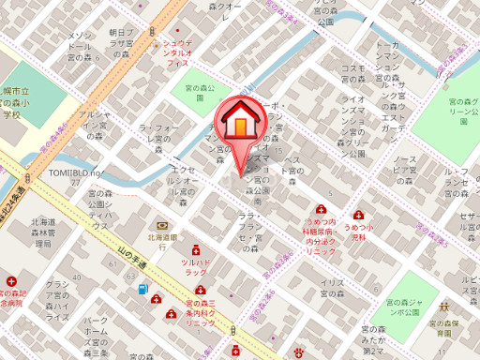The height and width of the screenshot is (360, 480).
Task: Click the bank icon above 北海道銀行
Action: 163,225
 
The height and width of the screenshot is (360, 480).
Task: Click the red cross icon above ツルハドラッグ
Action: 196,251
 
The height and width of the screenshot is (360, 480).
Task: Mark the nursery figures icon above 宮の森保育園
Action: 447,306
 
